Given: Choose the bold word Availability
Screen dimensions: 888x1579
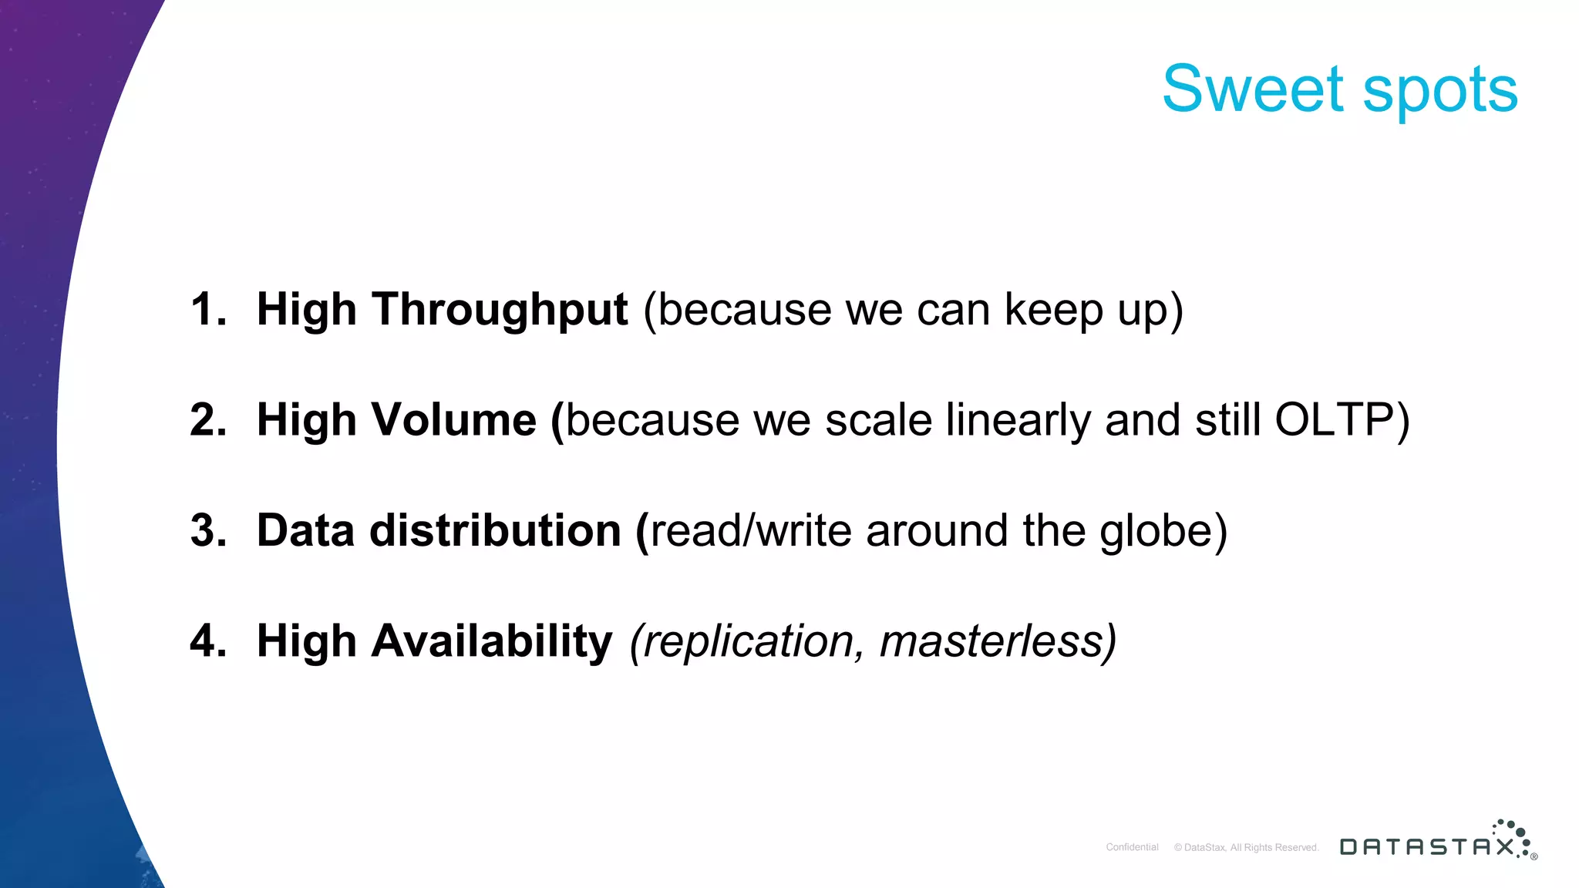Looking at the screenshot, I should point(491,642).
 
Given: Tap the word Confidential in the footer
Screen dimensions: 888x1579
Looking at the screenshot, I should point(1132,847).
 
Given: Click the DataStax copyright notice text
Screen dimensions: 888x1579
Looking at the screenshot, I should point(1246,847).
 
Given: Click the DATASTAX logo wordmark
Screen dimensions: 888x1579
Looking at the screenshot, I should point(1426,847).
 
